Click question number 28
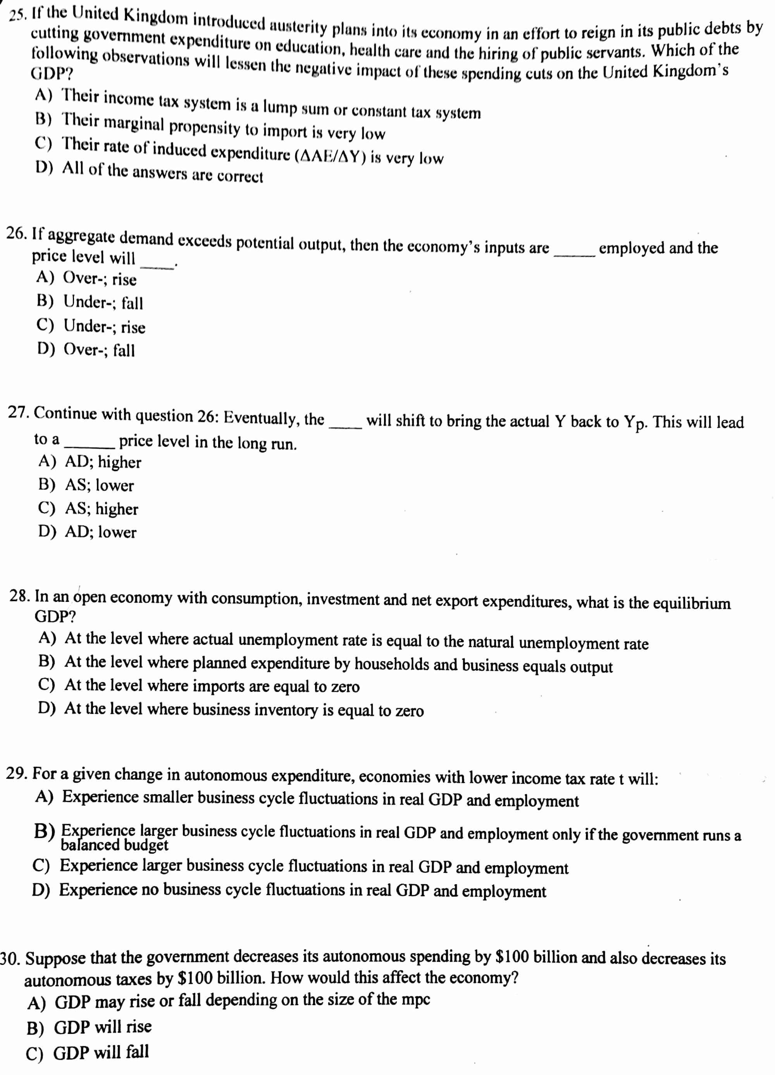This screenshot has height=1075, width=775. coord(20,596)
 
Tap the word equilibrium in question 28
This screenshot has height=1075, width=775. coord(692,603)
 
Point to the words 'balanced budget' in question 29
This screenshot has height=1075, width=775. coord(115,845)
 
